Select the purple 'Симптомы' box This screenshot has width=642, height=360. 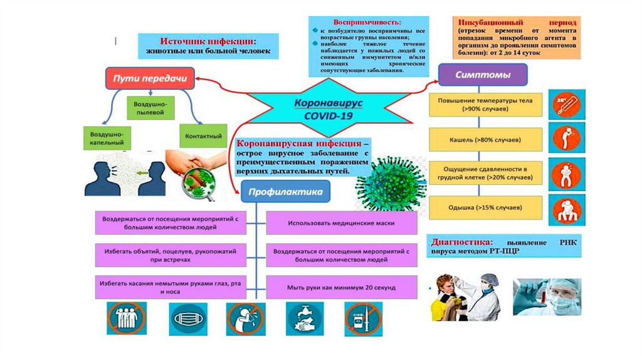[x=482, y=75]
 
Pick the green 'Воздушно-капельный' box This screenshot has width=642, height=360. [x=106, y=138]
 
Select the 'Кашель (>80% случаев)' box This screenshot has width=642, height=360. [x=485, y=139]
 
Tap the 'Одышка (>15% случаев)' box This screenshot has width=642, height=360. [x=485, y=206]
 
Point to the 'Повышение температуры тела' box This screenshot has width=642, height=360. [x=485, y=105]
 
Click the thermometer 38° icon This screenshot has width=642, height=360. [x=567, y=104]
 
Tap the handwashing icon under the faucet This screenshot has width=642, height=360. [x=305, y=318]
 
